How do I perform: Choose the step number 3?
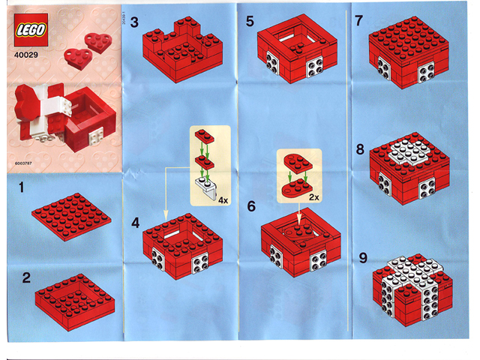(135, 22)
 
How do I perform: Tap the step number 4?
(135, 223)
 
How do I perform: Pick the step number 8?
(361, 149)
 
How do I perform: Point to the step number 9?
(361, 257)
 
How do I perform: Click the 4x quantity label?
(223, 202)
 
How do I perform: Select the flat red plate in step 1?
(71, 217)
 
